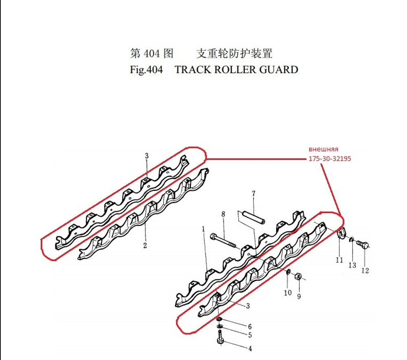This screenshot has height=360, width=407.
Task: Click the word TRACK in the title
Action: [191, 70]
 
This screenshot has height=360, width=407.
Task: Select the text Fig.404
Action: [146, 70]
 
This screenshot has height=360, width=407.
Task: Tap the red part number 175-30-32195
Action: [329, 159]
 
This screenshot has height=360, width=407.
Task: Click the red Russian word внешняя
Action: [324, 149]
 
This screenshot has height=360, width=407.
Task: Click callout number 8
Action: [223, 214]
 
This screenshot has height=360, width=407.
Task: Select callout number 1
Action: [203, 229]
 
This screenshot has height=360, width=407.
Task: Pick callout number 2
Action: [145, 245]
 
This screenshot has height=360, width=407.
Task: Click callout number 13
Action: [352, 265]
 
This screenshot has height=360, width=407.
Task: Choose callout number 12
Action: [365, 271]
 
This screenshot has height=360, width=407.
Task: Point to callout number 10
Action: [288, 292]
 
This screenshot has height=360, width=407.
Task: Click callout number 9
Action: [299, 297]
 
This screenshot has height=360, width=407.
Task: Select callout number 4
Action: [250, 349]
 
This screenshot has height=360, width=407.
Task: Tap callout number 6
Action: [249, 327]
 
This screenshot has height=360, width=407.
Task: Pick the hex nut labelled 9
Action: [298, 276]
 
